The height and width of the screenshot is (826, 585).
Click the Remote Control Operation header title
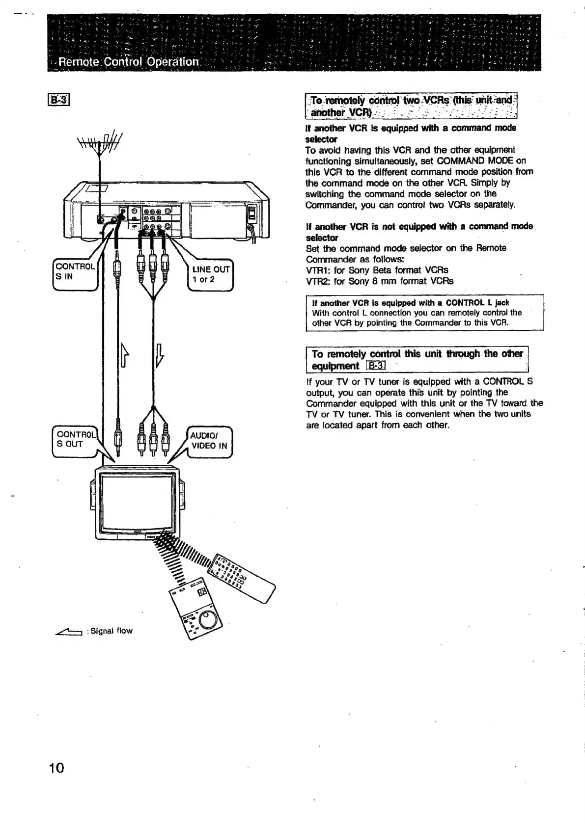click(128, 62)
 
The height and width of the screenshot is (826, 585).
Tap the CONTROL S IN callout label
click(74, 271)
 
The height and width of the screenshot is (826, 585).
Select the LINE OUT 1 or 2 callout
click(211, 274)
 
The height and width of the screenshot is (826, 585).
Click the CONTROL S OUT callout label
click(75, 439)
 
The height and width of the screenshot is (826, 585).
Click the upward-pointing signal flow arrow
click(125, 355)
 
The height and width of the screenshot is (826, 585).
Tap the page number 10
click(56, 768)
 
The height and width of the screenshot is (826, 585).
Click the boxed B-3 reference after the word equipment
click(376, 366)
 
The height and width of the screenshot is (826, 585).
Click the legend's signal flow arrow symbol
click(70, 631)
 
